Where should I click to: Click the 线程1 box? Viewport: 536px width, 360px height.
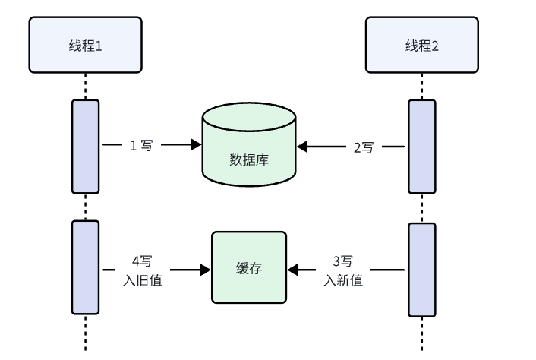(85, 45)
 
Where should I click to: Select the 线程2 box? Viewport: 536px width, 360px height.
(422, 45)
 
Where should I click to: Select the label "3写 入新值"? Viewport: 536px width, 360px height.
(342, 270)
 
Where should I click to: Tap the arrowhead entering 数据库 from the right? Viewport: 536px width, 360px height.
(303, 147)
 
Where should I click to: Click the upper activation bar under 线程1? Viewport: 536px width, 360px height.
(85, 146)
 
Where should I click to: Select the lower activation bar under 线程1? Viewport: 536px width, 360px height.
(85, 267)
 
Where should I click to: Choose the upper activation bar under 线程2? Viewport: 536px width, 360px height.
(422, 146)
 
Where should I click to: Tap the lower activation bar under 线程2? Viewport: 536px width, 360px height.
(422, 269)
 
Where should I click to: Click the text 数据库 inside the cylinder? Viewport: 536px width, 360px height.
(249, 160)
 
